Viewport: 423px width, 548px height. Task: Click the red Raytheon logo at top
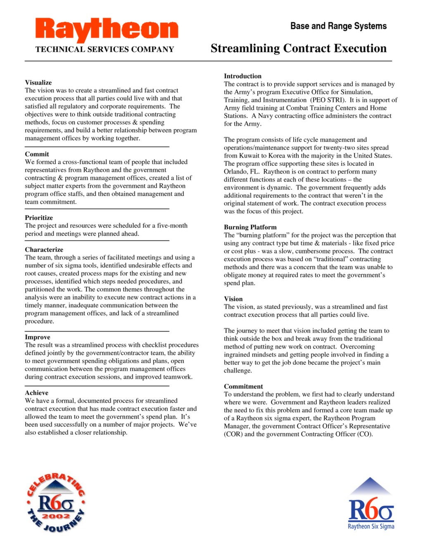click(x=107, y=30)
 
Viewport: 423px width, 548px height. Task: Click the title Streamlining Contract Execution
click(x=298, y=48)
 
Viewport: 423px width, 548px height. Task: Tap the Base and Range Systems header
click(x=338, y=26)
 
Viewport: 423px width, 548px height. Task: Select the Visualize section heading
click(x=38, y=83)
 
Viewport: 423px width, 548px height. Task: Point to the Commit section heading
click(x=37, y=154)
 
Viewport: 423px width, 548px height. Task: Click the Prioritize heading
click(x=39, y=218)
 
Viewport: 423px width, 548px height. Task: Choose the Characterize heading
click(x=44, y=250)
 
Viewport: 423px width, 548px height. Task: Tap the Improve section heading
click(x=38, y=337)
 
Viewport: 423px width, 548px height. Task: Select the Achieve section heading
click(x=36, y=393)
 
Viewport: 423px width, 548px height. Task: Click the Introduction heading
click(x=242, y=76)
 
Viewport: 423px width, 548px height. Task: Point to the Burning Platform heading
click(x=250, y=227)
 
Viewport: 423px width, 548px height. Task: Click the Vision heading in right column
click(x=233, y=299)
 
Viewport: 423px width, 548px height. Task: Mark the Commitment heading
click(x=243, y=387)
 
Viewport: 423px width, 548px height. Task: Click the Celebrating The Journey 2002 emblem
click(x=56, y=503)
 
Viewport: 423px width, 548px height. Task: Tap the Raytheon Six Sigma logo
click(x=371, y=504)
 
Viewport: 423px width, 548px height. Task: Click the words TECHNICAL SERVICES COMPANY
click(x=105, y=50)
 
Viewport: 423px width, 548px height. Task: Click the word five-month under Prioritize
click(x=170, y=226)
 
